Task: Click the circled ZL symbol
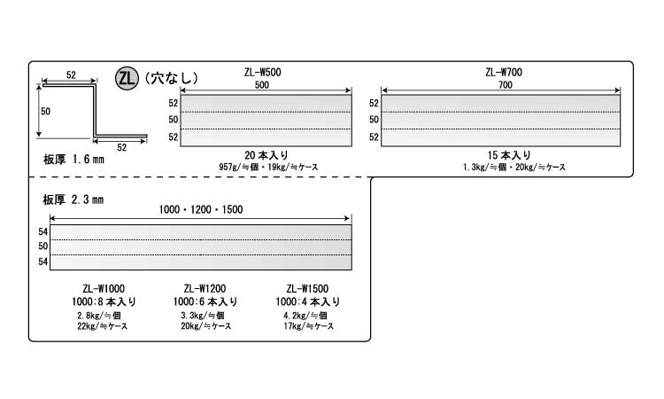click(x=127, y=78)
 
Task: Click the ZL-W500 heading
click(x=261, y=74)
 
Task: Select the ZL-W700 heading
click(x=501, y=74)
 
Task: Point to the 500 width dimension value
click(x=261, y=86)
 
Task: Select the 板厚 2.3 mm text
click(x=73, y=199)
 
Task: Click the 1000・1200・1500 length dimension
click(x=201, y=209)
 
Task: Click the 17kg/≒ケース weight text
click(x=307, y=326)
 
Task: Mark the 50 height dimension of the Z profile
click(x=45, y=112)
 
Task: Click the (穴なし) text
click(x=170, y=78)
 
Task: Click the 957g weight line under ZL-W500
click(x=261, y=167)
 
